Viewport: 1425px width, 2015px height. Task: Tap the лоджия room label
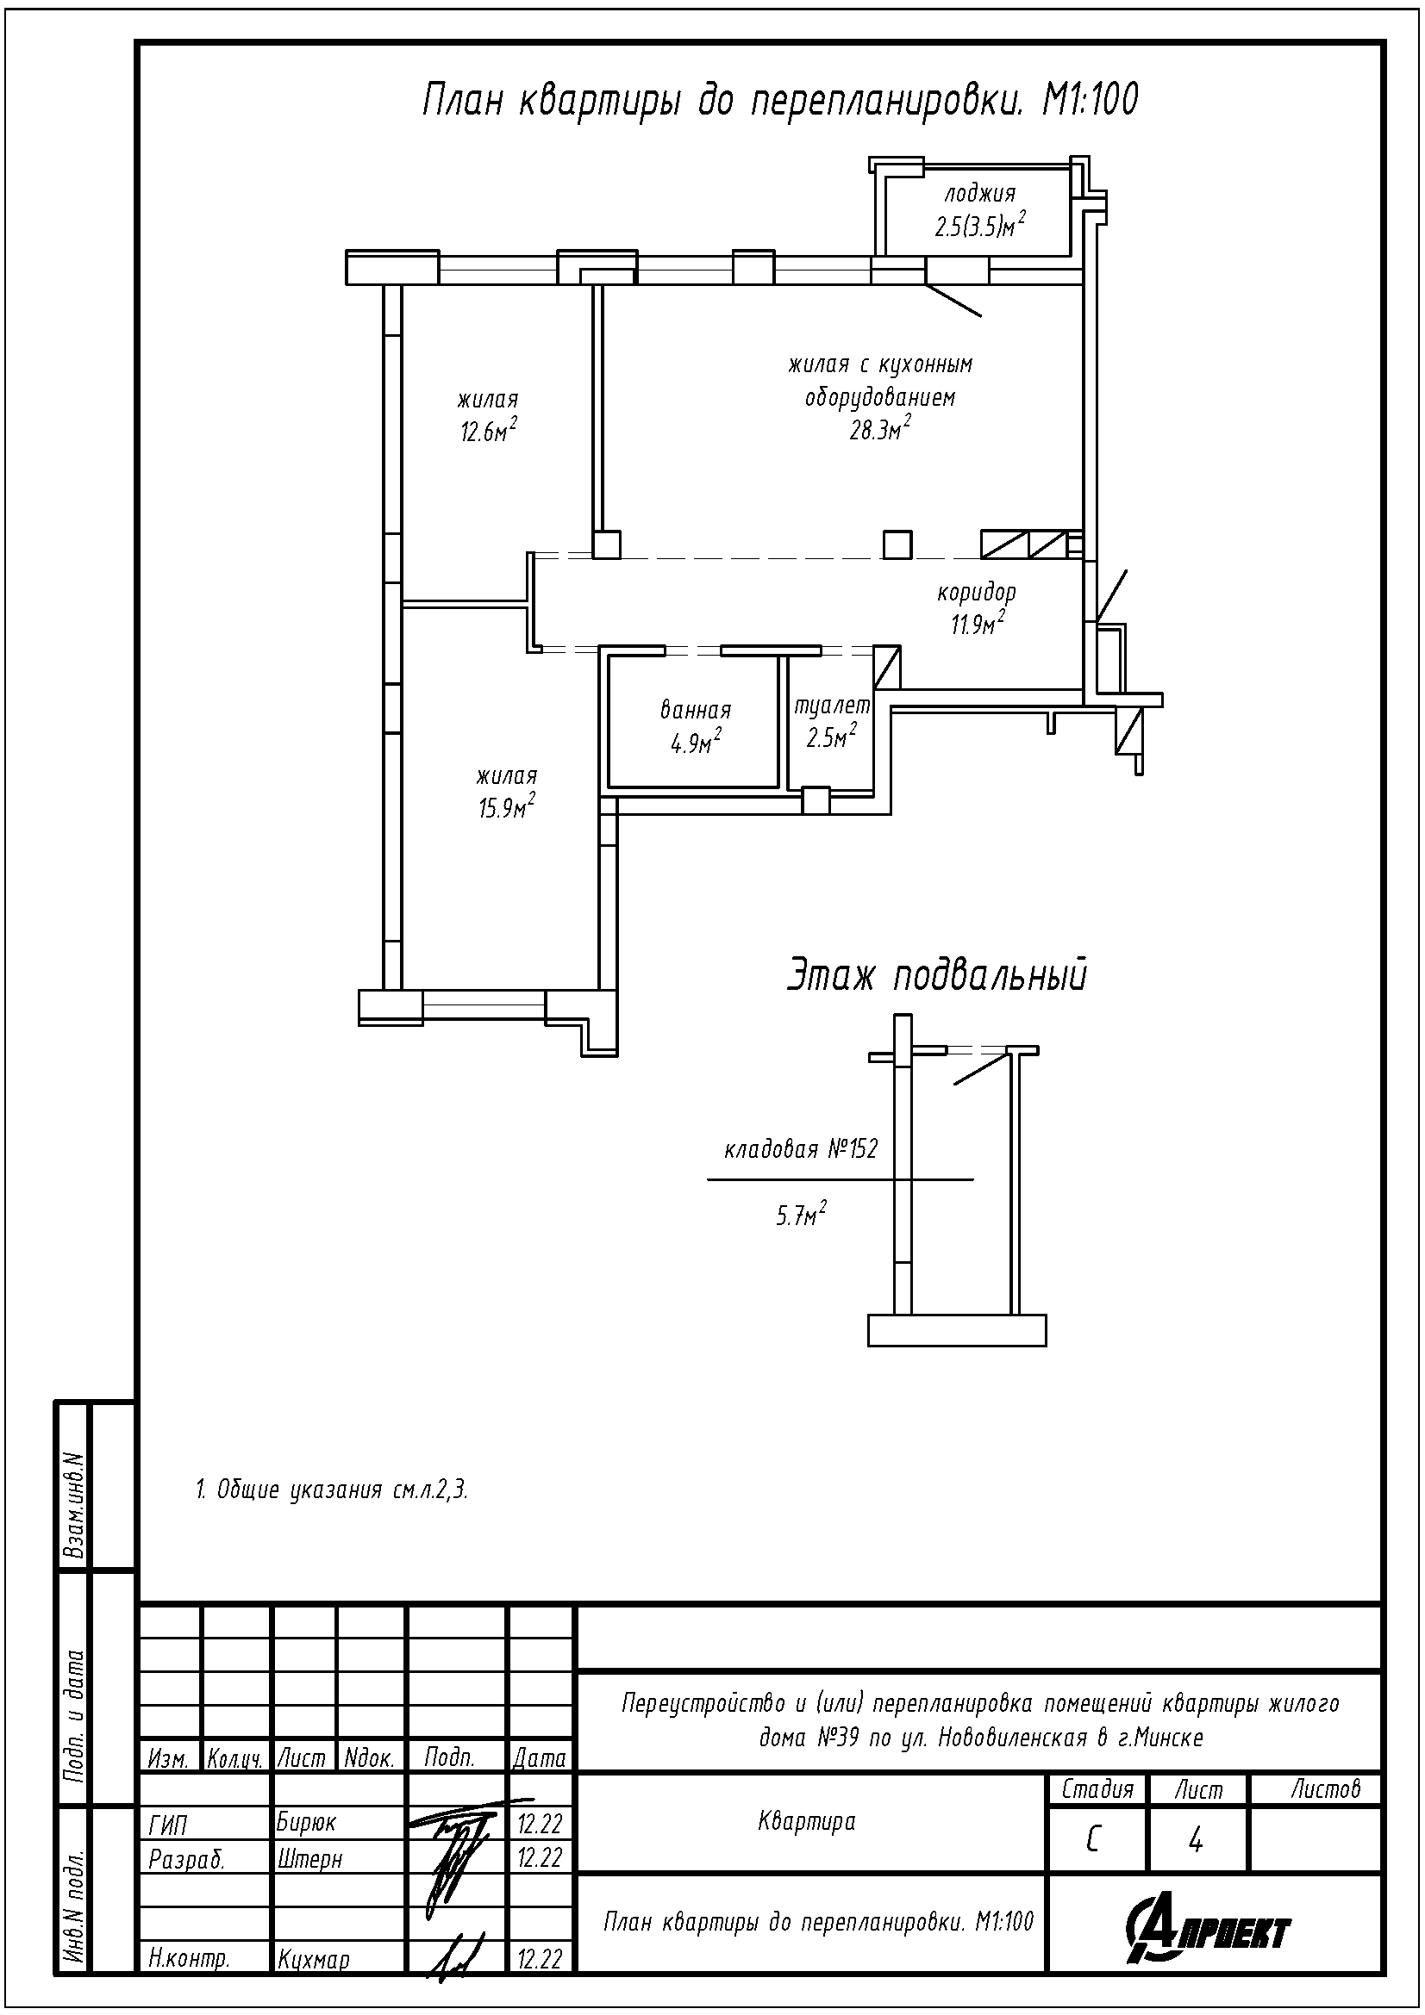coord(980,194)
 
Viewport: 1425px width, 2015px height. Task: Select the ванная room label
coord(696,710)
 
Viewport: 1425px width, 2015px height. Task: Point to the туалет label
coord(832,706)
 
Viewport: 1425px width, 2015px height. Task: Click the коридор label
coord(977,593)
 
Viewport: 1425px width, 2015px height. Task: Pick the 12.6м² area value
coord(488,432)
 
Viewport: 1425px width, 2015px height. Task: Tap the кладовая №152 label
coord(800,1150)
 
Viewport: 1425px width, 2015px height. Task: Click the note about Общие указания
coord(331,1490)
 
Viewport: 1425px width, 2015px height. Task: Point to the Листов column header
coord(1325,1788)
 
